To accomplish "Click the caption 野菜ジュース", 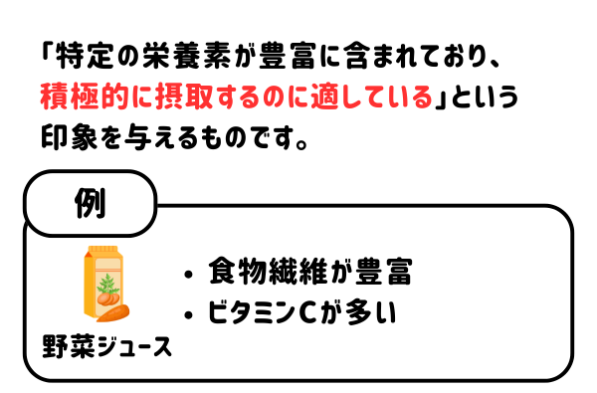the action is tap(106, 348).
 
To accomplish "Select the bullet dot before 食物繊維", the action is tap(190, 274).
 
